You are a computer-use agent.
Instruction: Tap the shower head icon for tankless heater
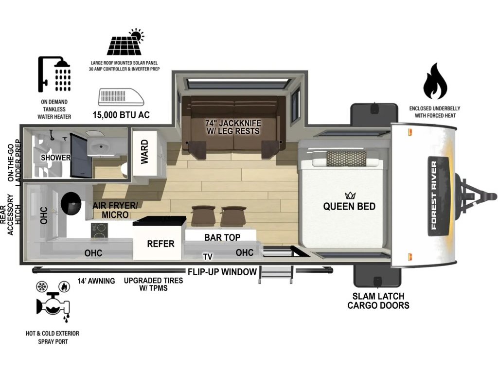(54, 75)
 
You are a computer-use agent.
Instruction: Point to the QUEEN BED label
(349, 206)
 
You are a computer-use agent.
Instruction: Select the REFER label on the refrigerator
(160, 244)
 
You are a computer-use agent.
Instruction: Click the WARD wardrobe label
(145, 152)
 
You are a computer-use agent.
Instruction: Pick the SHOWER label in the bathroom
(56, 158)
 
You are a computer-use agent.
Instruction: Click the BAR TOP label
(222, 237)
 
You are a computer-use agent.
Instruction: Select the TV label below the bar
(208, 256)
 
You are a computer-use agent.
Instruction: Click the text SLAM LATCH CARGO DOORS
(378, 301)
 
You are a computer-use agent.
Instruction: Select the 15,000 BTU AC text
(121, 115)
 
